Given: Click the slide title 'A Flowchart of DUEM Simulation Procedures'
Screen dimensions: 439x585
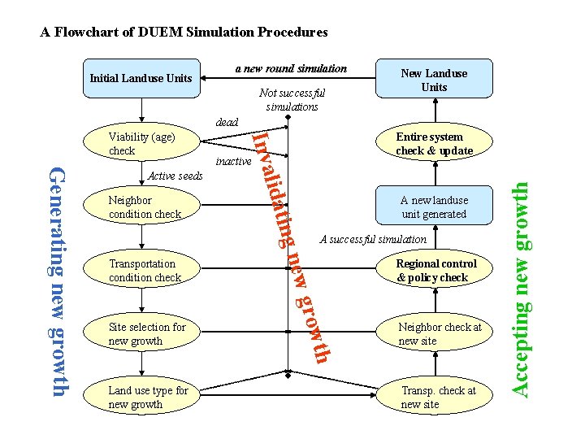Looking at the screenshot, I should click(x=184, y=33).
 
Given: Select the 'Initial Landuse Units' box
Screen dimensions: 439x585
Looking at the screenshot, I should click(x=141, y=79).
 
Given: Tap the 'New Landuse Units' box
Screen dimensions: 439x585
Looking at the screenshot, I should click(x=434, y=80).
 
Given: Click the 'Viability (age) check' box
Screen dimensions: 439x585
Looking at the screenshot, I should click(x=141, y=144).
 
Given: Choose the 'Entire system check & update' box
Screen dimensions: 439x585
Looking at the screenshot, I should click(x=434, y=144).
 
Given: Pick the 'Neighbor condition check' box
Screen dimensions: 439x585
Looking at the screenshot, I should click(x=145, y=207).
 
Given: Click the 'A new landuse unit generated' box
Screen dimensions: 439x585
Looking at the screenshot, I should click(x=434, y=207).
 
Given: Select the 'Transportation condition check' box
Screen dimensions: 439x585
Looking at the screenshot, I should click(x=145, y=271).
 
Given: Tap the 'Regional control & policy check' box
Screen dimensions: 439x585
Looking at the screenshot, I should click(x=435, y=271).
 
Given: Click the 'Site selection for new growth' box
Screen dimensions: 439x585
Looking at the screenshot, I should click(x=146, y=334).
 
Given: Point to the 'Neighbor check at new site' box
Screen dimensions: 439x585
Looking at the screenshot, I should click(x=439, y=334).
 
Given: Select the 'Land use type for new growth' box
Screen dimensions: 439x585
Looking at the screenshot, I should click(x=147, y=398).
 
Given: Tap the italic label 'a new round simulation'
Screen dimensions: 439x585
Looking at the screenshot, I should click(x=291, y=68).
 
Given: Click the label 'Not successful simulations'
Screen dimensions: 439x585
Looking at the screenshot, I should click(x=292, y=99).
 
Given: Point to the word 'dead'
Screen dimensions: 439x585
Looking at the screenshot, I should click(x=227, y=122).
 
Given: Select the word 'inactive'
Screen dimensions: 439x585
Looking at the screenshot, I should click(x=233, y=162).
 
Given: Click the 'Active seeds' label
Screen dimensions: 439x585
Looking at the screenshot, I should click(x=175, y=176).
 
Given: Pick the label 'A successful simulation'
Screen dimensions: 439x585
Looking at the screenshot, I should click(x=373, y=239).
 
